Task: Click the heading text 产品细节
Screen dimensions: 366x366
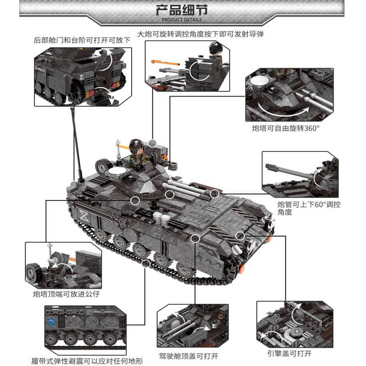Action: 183,10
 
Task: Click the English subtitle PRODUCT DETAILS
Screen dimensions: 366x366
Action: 183,20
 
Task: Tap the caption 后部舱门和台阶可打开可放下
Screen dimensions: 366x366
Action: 82,40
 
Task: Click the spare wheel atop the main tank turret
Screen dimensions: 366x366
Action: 103,165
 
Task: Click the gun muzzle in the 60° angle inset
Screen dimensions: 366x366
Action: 268,167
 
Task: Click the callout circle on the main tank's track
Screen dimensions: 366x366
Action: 146,264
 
